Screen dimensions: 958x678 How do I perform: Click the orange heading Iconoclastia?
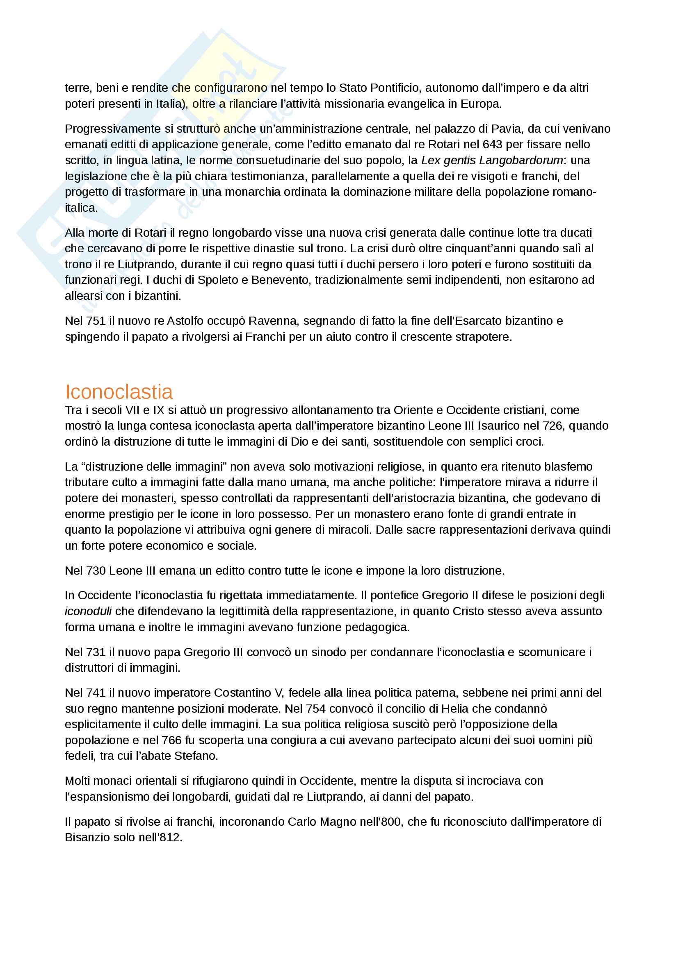pyautogui.click(x=119, y=392)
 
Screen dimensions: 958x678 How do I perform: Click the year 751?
pyautogui.click(x=96, y=321)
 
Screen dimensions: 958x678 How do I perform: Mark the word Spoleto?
pyautogui.click(x=217, y=280)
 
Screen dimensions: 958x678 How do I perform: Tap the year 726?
pyautogui.click(x=552, y=426)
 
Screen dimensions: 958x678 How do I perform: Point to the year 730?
pyautogui.click(x=96, y=571)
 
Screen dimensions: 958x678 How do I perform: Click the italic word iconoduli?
pyautogui.click(x=88, y=611)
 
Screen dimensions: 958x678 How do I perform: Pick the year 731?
pyautogui.click(x=96, y=652)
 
